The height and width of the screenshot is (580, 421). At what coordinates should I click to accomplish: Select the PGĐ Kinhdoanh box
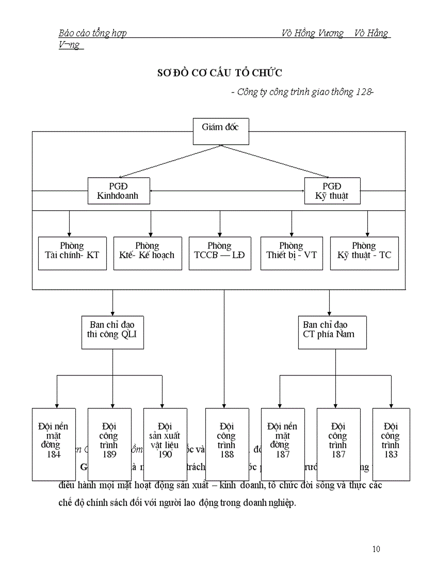pyautogui.click(x=118, y=191)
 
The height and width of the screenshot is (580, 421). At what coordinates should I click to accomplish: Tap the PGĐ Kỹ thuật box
pyautogui.click(x=332, y=191)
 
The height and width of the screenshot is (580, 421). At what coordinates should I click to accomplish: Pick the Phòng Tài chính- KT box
pyautogui.click(x=72, y=253)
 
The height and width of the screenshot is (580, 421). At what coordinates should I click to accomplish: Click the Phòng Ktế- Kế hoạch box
pyautogui.click(x=148, y=253)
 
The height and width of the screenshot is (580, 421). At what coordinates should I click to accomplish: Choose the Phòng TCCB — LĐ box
pyautogui.click(x=220, y=253)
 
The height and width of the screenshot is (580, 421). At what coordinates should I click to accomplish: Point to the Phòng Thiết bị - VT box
pyautogui.click(x=292, y=253)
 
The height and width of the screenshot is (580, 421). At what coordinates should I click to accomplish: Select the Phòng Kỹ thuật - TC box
pyautogui.click(x=364, y=253)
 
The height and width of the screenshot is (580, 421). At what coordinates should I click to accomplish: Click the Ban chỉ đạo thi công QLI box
pyautogui.click(x=112, y=332)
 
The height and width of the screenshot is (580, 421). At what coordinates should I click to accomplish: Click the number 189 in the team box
pyautogui.click(x=109, y=454)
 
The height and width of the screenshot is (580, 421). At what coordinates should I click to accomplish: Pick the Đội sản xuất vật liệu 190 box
pyautogui.click(x=165, y=444)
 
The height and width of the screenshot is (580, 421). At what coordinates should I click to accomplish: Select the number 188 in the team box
pyautogui.click(x=227, y=454)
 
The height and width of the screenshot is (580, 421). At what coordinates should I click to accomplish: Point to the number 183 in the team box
pyautogui.click(x=391, y=454)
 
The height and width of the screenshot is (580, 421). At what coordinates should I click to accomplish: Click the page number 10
pyautogui.click(x=376, y=549)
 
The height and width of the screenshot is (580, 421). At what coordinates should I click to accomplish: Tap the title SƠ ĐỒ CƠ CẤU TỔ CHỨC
pyautogui.click(x=219, y=72)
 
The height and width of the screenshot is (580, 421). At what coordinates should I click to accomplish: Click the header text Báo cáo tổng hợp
pyautogui.click(x=93, y=34)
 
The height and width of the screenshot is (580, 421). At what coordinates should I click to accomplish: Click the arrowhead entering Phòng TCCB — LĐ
pyautogui.click(x=220, y=234)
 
